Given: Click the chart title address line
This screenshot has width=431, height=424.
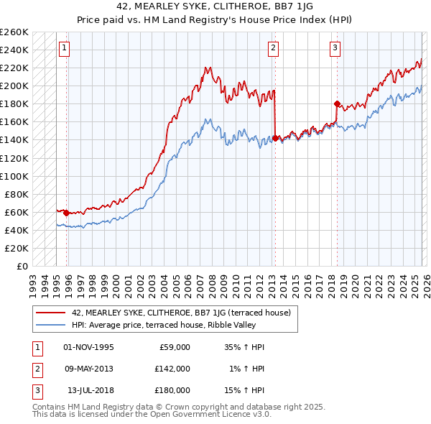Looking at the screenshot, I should (x=215, y=6).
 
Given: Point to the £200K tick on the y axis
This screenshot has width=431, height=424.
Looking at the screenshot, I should (x=14, y=86).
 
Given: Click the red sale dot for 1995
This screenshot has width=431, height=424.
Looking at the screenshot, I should (x=67, y=213).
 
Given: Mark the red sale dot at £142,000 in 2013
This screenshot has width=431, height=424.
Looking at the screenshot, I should (x=275, y=138).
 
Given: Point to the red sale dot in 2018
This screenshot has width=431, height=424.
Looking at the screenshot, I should (x=337, y=103).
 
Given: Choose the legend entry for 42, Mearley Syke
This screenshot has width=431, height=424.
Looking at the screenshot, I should (x=180, y=313).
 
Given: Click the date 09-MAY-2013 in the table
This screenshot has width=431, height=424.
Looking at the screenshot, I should (x=89, y=368).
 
